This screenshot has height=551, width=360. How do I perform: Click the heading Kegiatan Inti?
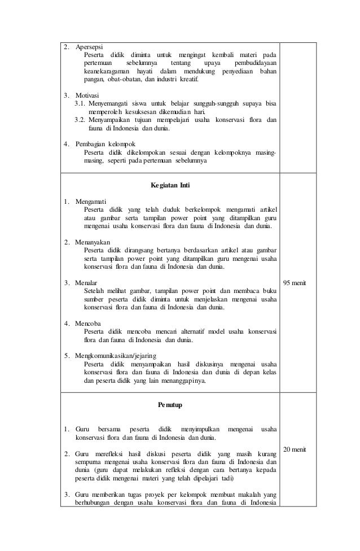(x=170, y=185)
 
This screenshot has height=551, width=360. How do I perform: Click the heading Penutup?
(x=170, y=405)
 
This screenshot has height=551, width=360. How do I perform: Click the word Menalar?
(x=86, y=282)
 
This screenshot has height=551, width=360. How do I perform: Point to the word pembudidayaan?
(x=252, y=63)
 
